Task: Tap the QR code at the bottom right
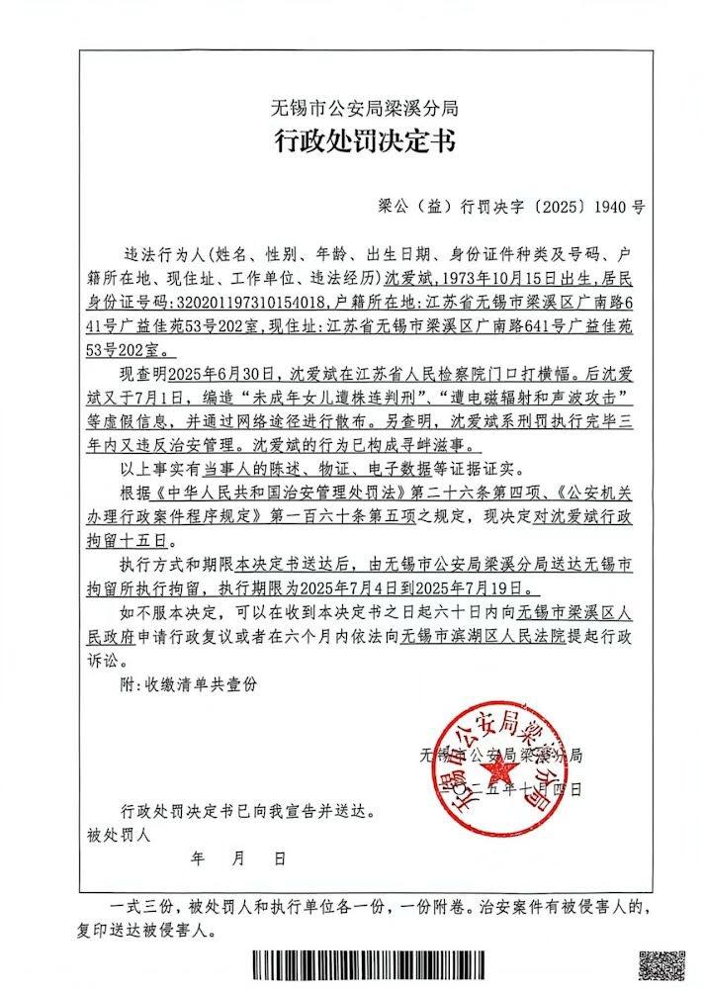pyautogui.click(x=661, y=966)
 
